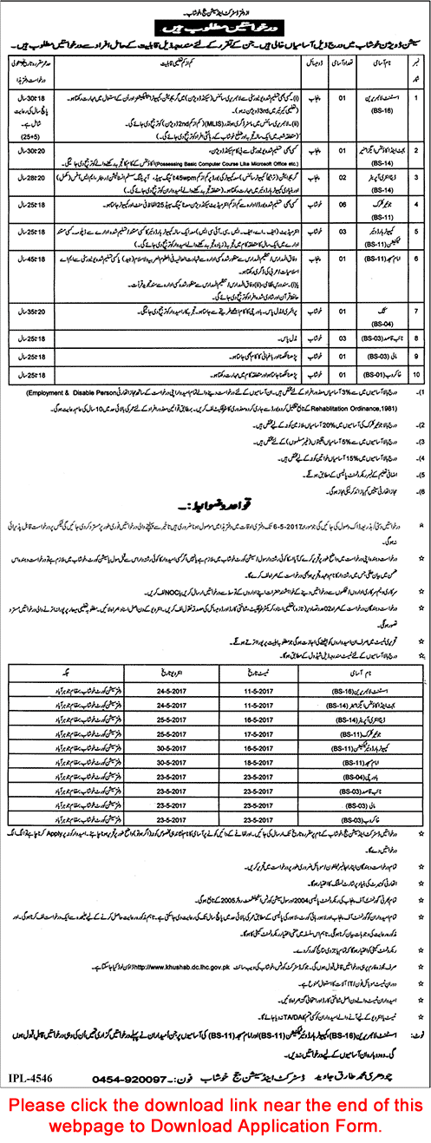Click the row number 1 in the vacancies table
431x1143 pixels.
415,96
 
